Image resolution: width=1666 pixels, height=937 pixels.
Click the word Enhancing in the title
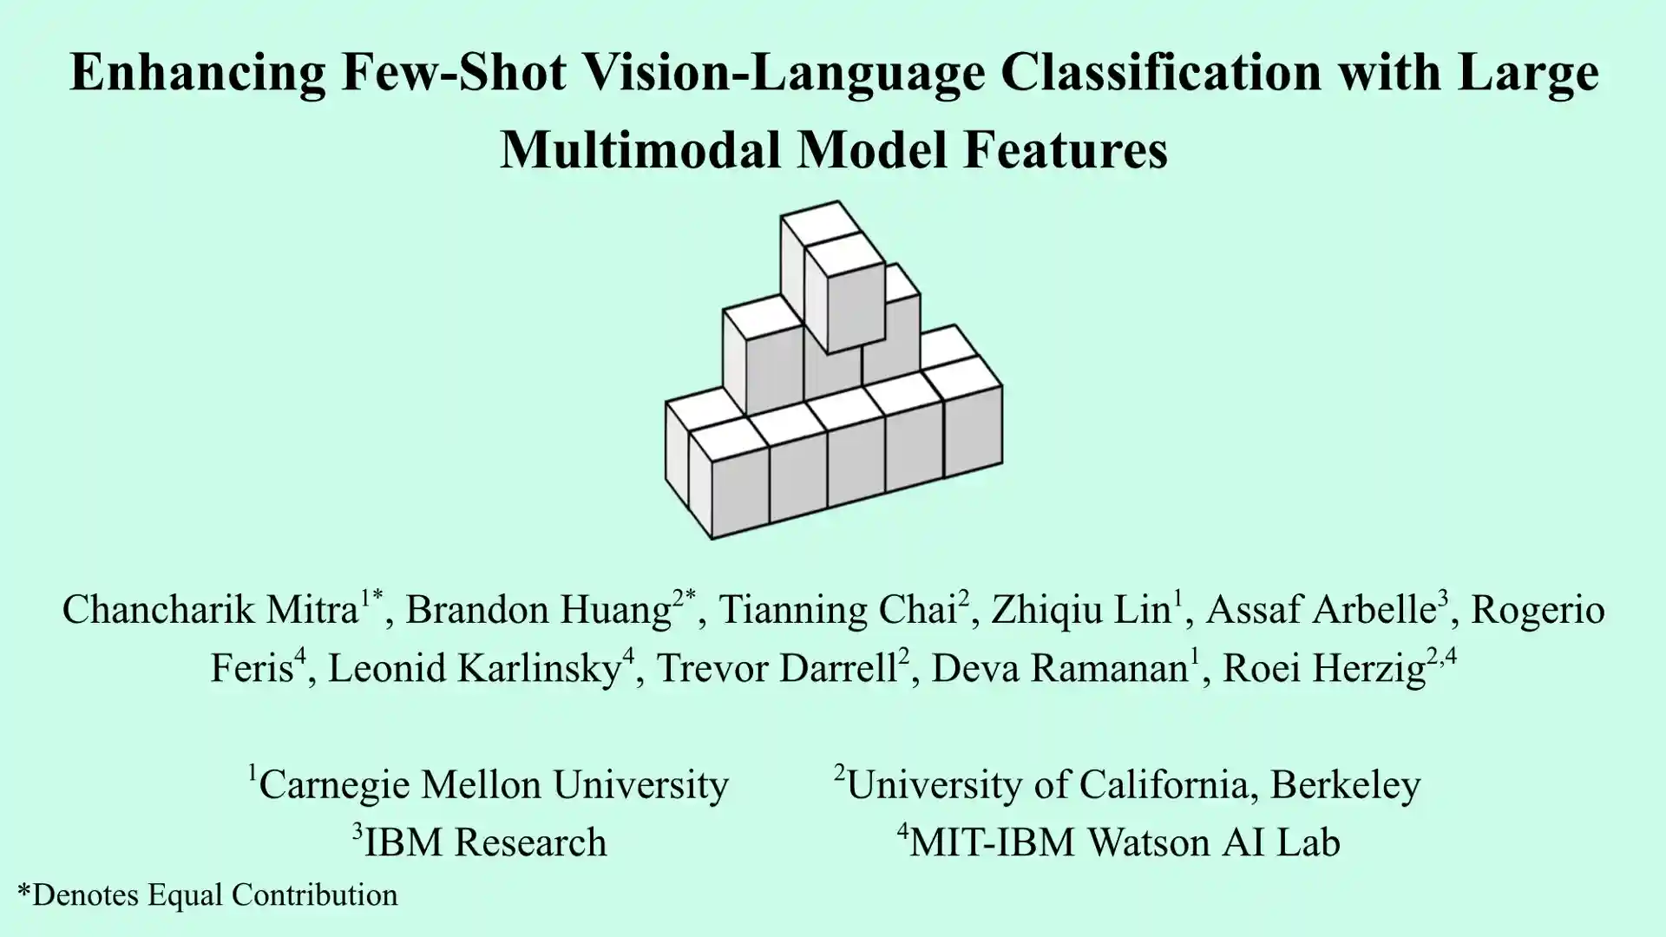tap(198, 74)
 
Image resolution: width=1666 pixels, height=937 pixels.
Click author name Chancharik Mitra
tap(210, 610)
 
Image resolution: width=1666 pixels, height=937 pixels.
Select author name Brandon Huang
tap(538, 611)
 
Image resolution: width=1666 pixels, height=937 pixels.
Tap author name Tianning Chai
tap(837, 610)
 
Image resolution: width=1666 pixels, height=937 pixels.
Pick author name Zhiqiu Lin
tap(1081, 611)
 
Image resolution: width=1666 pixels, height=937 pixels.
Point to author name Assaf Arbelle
tap(1321, 610)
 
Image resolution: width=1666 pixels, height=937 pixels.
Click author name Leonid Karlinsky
tap(475, 668)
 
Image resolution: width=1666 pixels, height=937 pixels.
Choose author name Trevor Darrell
tap(777, 668)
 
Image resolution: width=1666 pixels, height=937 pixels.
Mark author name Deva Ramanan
tap(1059, 668)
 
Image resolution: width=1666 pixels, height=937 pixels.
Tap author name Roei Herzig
tap(1324, 669)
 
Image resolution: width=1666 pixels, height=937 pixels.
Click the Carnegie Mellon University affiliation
tap(494, 784)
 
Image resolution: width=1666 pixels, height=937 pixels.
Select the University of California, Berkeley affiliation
tap(1133, 784)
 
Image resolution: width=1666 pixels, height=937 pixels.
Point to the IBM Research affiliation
tap(485, 842)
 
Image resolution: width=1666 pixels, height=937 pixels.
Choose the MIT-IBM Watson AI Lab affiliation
tap(1125, 842)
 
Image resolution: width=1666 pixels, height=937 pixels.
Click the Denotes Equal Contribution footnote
tap(207, 894)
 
